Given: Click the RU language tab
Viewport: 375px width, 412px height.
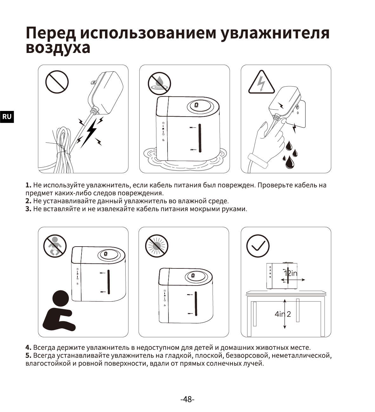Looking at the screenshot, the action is click(7, 117).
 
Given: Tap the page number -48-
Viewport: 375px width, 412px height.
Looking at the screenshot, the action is click(187, 399).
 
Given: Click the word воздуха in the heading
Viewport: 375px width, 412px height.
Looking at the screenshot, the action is click(58, 48).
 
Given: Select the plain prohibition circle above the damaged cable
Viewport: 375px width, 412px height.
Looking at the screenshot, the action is click(57, 82).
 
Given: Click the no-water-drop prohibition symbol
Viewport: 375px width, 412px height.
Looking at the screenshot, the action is click(159, 84).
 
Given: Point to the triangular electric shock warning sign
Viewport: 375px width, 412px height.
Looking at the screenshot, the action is click(261, 82).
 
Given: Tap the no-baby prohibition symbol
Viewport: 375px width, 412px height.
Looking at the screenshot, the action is click(55, 246).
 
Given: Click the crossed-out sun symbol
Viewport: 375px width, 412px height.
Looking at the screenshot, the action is click(157, 246).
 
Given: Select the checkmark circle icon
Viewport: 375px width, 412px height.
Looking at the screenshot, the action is click(258, 246).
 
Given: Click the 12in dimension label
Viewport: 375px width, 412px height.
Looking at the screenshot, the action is click(291, 273).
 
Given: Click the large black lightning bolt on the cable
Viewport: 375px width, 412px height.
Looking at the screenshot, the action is click(89, 133).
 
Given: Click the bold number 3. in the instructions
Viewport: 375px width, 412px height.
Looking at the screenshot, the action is click(28, 209).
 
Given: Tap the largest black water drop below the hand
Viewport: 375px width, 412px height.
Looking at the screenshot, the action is click(290, 162).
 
